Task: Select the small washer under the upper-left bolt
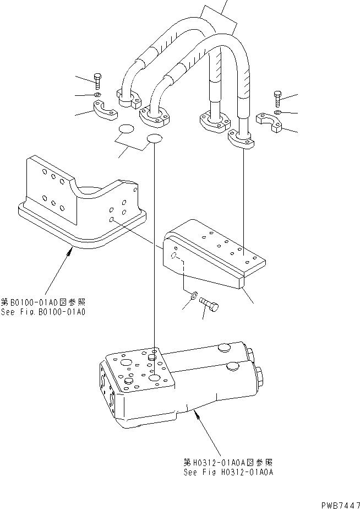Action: pos(97,95)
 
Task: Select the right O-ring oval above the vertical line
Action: pos(155,139)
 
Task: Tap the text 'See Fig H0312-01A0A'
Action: pos(228,472)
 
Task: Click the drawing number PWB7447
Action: pos(337,504)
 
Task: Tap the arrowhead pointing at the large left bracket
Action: pos(69,251)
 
